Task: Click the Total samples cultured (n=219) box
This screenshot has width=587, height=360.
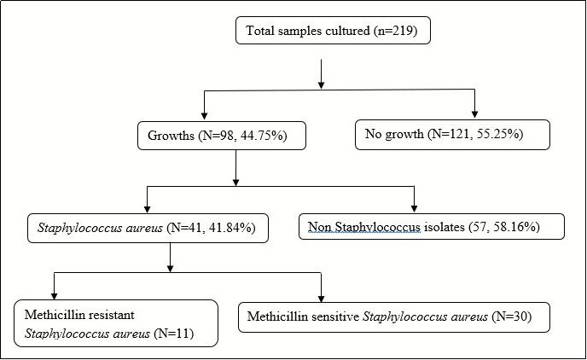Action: (334, 32)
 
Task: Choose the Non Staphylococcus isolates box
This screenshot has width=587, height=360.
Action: (432, 227)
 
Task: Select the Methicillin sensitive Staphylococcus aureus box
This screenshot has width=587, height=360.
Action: (393, 317)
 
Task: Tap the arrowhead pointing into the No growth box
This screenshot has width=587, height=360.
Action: (475, 114)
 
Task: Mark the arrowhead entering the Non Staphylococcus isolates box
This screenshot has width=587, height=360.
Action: (414, 207)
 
